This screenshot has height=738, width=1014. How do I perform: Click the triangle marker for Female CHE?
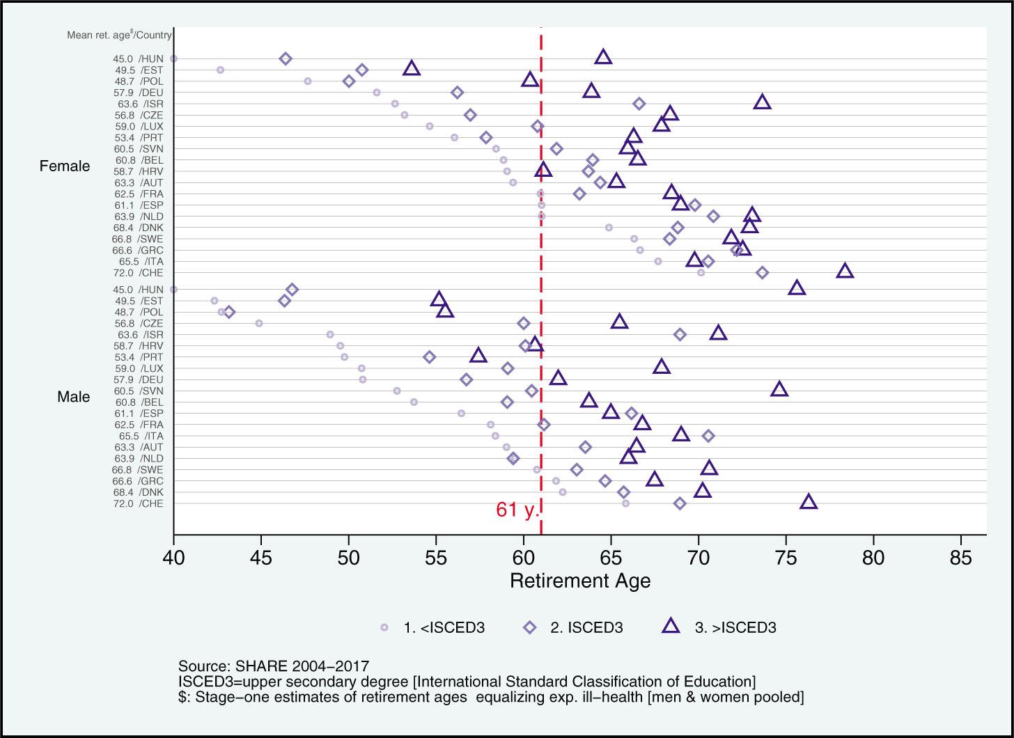[845, 271]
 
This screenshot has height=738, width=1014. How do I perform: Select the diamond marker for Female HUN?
[286, 58]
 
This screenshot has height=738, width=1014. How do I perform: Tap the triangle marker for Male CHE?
[809, 502]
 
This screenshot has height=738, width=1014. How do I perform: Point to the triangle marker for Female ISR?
[763, 102]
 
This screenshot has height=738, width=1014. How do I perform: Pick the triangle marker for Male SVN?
[779, 389]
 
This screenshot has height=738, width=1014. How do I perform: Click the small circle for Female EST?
[221, 70]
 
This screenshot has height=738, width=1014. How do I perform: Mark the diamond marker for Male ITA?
[708, 436]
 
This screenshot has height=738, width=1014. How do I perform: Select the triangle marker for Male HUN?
[797, 288]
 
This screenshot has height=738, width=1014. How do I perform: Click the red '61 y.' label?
[517, 510]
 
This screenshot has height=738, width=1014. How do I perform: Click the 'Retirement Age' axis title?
[580, 581]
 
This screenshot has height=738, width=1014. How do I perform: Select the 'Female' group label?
[65, 166]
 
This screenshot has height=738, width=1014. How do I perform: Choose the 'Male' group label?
[73, 397]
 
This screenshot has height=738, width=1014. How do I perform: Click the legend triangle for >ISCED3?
[671, 626]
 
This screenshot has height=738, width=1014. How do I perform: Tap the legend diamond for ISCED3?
[529, 627]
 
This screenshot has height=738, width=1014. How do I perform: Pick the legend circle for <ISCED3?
[384, 627]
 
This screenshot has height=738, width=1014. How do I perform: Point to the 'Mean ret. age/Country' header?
[119, 34]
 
